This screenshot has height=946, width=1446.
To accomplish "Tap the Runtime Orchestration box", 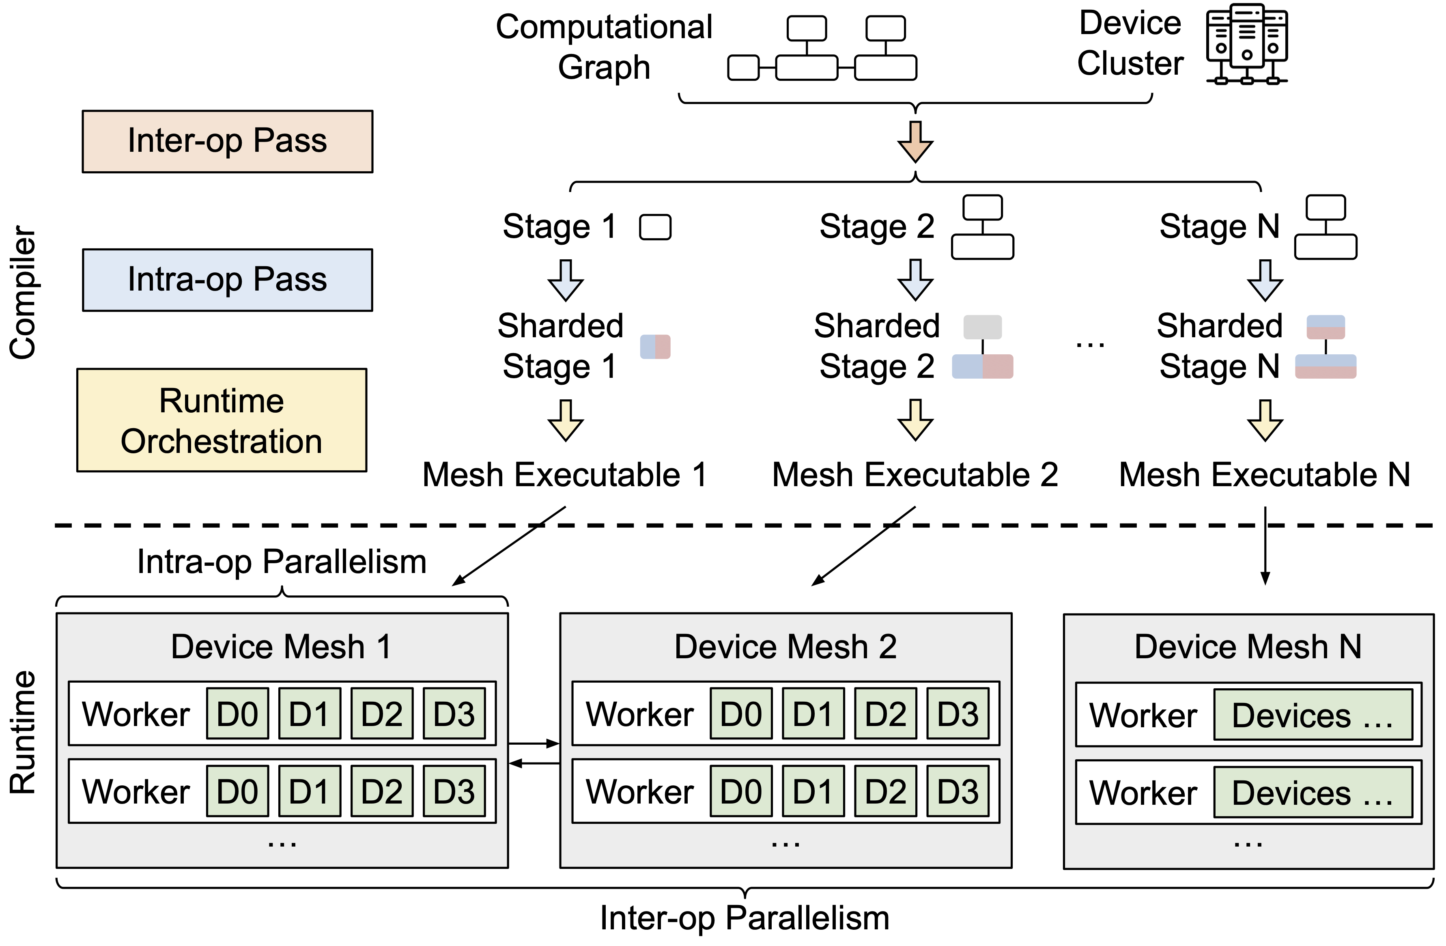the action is tap(222, 420).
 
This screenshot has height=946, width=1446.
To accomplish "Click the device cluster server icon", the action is tap(1247, 44).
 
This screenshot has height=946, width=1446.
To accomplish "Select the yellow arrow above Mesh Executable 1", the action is tap(566, 420).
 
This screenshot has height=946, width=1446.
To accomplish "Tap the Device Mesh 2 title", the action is tap(785, 646).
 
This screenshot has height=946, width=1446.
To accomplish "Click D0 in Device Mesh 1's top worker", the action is tap(238, 714).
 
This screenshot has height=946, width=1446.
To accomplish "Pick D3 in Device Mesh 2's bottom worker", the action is tap(958, 791).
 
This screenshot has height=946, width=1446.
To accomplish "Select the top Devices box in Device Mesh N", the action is tap(1313, 715).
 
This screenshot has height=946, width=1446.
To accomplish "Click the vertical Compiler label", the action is tap(23, 292).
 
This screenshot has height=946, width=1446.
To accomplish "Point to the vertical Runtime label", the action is tap(23, 732).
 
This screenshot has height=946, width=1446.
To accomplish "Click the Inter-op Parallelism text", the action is tap(745, 918).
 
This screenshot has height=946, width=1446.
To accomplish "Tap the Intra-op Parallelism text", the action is tap(282, 561).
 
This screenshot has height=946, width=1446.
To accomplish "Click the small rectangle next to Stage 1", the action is tap(656, 227).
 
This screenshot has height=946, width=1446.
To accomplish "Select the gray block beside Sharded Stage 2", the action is tap(982, 327).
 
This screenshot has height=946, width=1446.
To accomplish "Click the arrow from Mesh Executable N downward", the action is tap(1265, 545).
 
